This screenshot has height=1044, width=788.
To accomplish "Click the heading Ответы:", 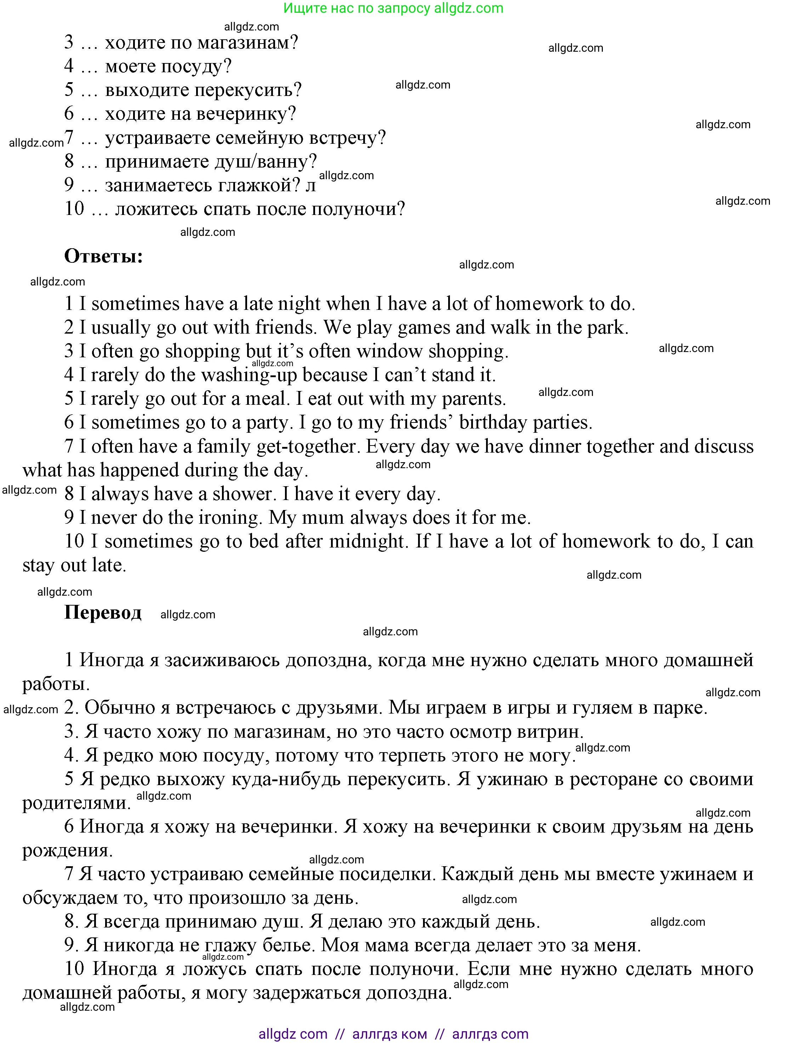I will coord(103,256).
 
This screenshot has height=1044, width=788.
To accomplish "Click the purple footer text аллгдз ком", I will coord(389,1034).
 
